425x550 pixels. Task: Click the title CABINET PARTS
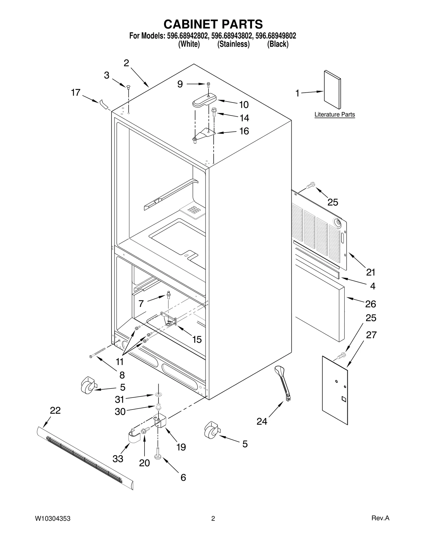213,24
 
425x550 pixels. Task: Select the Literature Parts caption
334,114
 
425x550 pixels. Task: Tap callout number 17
76,93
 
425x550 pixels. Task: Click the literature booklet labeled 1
332,89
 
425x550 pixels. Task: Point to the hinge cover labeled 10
204,101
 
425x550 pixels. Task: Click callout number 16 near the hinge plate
244,131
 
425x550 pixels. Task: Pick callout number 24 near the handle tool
262,421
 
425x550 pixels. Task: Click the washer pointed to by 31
159,395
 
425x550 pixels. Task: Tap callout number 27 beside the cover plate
371,335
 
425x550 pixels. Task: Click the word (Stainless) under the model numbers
233,44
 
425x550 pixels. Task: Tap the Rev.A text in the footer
380,518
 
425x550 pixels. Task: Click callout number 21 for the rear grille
371,272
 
